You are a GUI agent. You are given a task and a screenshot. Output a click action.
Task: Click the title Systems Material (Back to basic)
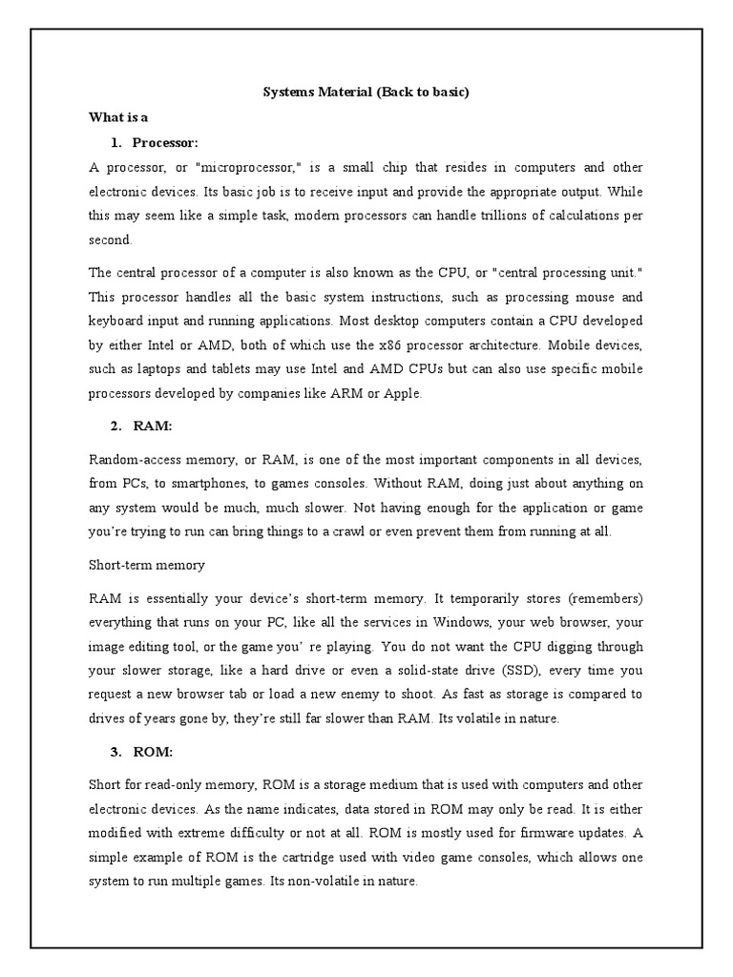pyautogui.click(x=366, y=93)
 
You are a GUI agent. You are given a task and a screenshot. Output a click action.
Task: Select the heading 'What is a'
pyautogui.click(x=118, y=117)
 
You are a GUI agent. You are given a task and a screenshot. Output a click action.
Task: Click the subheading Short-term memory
pyautogui.click(x=146, y=565)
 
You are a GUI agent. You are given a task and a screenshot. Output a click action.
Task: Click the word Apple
pyautogui.click(x=398, y=391)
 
